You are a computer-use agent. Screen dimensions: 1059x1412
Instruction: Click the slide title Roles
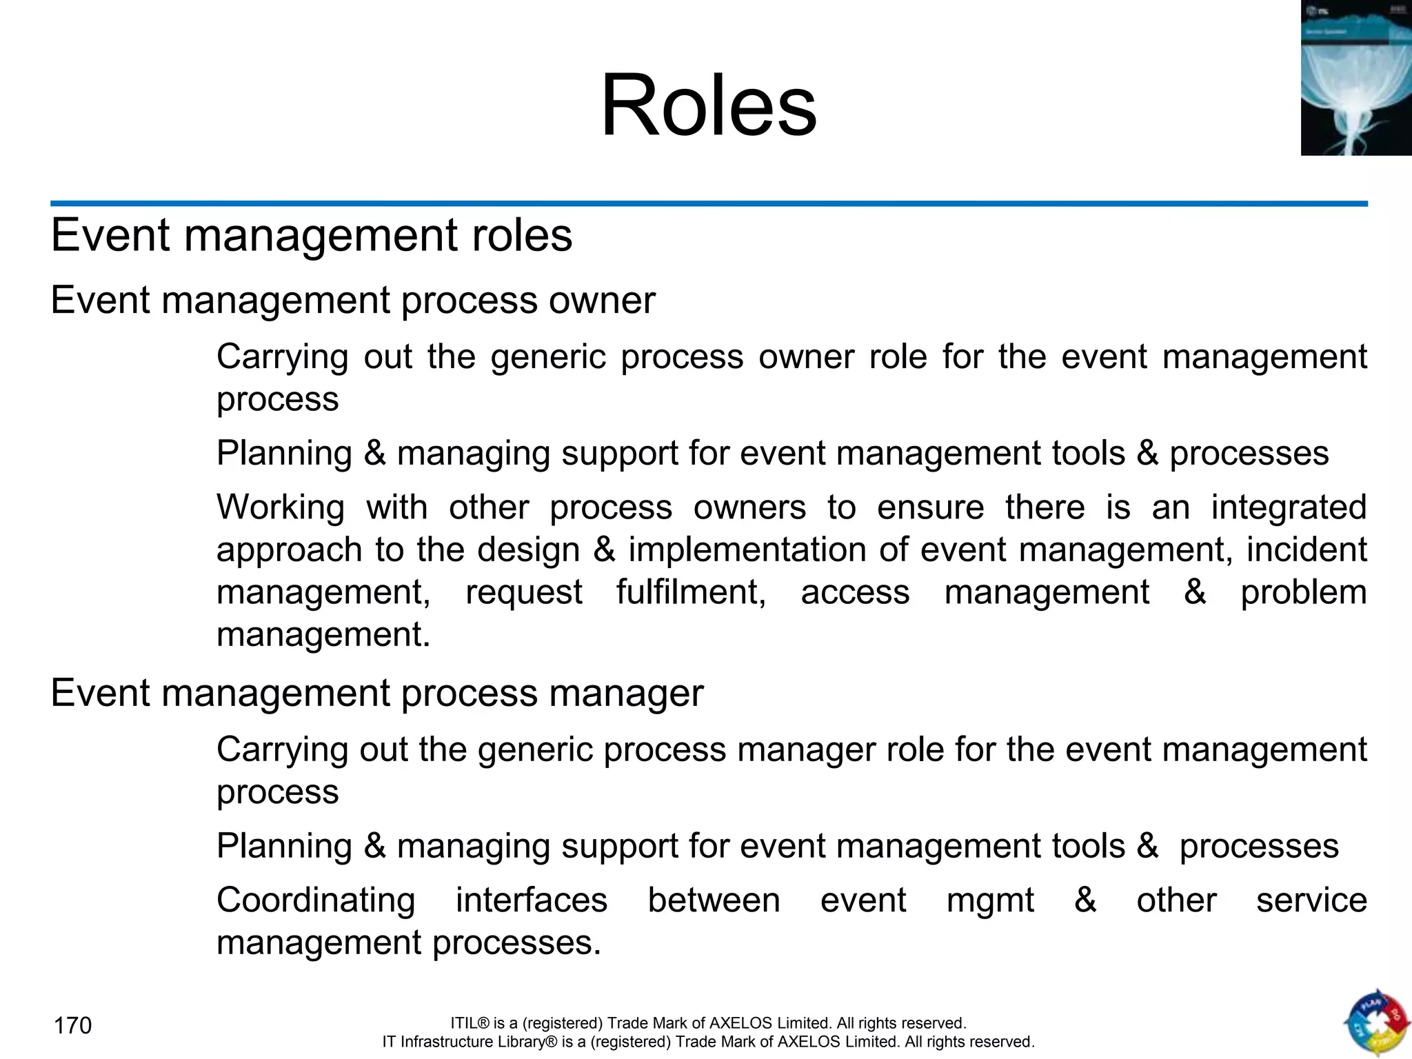(709, 106)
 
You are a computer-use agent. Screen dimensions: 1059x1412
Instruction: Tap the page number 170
(72, 1026)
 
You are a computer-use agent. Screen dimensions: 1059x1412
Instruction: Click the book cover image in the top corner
(1355, 78)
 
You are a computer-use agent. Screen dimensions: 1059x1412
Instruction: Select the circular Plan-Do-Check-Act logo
(1376, 1023)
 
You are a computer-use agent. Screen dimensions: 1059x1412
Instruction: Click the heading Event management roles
(312, 235)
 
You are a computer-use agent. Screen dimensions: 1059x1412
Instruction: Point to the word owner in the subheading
(602, 301)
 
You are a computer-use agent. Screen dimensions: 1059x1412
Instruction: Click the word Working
(281, 507)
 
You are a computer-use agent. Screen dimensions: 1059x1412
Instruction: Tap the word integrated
(1289, 507)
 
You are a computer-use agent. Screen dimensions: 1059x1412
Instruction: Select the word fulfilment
(691, 592)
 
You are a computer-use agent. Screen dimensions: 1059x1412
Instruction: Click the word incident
(1307, 549)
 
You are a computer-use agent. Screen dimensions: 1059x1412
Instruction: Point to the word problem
(1303, 592)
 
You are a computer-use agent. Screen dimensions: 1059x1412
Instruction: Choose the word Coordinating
(316, 900)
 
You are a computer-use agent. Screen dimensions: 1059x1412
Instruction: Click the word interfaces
(532, 900)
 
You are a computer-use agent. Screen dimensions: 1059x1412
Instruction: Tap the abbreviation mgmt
(990, 900)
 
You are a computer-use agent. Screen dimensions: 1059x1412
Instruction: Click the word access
(855, 592)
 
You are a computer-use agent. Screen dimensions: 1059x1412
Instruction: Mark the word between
(714, 900)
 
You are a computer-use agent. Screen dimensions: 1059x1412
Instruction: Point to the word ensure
(931, 507)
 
